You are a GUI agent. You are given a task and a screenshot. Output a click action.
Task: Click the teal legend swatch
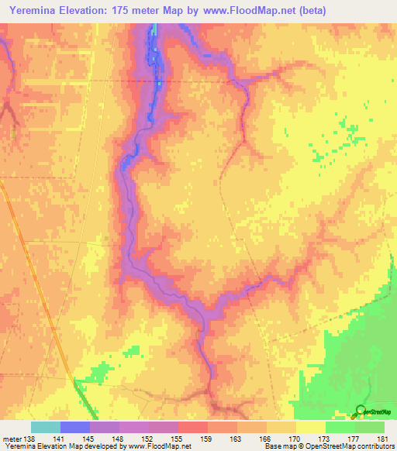[46, 427]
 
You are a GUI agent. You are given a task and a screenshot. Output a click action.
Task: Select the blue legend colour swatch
[75, 427]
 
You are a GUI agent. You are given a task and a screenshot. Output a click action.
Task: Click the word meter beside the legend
[12, 439]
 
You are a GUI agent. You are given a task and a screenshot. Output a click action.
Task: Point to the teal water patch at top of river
[154, 29]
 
